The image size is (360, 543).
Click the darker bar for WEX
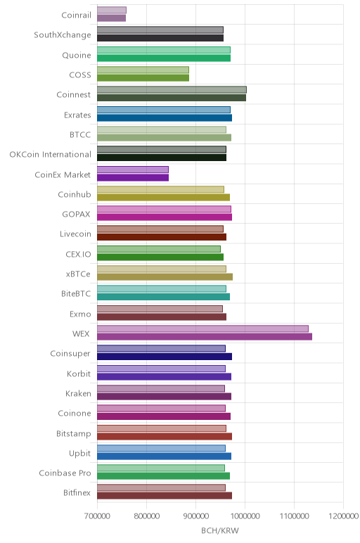point(204,337)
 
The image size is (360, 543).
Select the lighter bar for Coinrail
point(112,10)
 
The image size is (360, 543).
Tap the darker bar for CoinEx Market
point(133,178)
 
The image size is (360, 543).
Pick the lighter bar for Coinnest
point(172,90)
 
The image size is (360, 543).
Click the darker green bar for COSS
point(143,78)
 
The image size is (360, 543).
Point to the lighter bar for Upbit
point(161,448)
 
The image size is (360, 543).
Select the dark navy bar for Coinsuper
point(165,357)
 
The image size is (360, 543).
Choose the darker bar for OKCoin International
point(162,158)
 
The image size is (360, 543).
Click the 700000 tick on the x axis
point(97,516)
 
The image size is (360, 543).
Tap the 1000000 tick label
point(245,516)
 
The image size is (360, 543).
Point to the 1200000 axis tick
point(344,516)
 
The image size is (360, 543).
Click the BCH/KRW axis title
point(220,530)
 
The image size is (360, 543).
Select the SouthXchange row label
point(63,35)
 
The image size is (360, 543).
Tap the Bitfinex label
point(77,492)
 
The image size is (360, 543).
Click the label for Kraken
point(78,393)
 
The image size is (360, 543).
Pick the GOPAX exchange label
point(76,214)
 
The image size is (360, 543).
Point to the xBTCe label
point(78,274)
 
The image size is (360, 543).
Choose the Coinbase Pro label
point(65,473)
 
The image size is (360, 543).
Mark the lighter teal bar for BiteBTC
point(161,289)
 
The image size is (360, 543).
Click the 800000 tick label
point(146,516)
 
